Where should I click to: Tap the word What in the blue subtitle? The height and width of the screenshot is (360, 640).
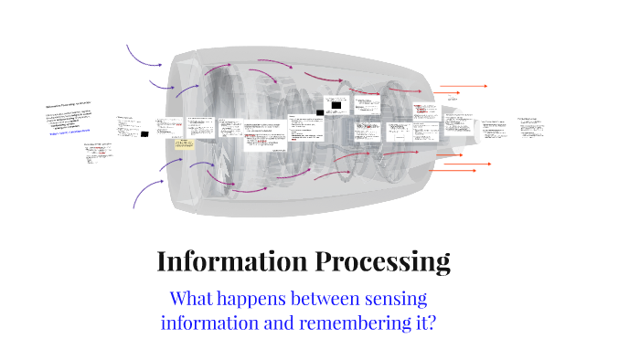(x=193, y=299)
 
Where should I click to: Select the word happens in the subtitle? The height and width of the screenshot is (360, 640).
(x=262, y=299)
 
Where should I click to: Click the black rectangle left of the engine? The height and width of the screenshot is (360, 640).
(x=144, y=134)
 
